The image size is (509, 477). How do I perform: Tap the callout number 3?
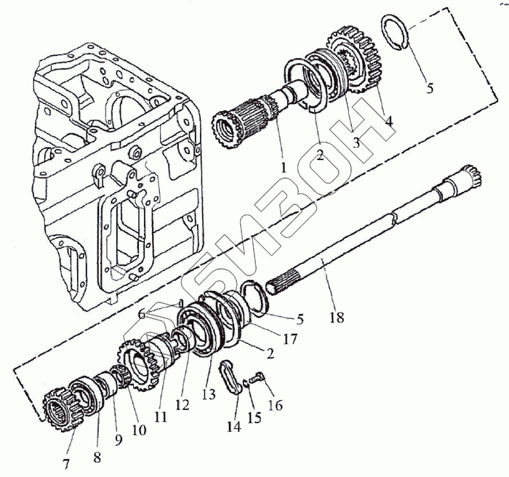356,143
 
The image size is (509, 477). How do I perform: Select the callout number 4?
389,122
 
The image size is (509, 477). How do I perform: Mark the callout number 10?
139,430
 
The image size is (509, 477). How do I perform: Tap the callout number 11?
161,417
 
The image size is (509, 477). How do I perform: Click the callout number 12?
183,404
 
